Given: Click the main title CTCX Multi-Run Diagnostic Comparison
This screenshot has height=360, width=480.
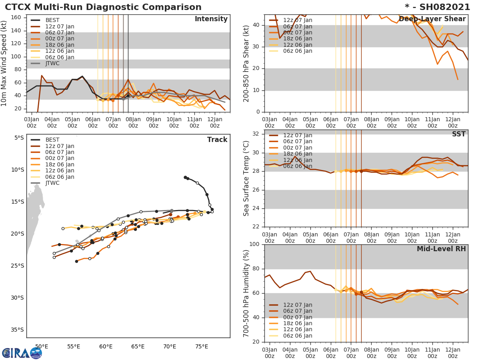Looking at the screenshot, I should [x=103, y=7].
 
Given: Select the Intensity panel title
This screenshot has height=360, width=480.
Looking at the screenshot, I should [x=211, y=19].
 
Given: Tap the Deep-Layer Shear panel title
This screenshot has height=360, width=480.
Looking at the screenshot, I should [x=432, y=19].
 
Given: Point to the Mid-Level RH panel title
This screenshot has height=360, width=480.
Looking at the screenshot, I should [x=441, y=249].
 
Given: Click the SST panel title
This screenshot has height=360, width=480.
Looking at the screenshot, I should [x=458, y=134].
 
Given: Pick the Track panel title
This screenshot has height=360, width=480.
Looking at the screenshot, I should [x=217, y=140].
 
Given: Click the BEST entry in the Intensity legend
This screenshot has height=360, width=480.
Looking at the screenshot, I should [x=52, y=20].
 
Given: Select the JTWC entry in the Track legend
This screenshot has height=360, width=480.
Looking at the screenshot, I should [x=52, y=183].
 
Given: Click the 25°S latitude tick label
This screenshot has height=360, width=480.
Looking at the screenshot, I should [x=18, y=266].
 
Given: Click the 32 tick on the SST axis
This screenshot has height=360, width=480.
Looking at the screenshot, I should [x=256, y=134].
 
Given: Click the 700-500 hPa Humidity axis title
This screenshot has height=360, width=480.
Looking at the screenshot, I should [x=247, y=293].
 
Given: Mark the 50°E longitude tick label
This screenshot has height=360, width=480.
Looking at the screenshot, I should [x=42, y=346].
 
